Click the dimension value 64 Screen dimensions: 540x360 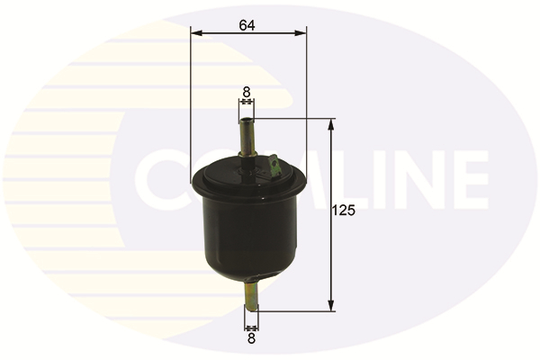247,25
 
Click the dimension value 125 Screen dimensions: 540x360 343,210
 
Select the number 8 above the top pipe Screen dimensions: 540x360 247,92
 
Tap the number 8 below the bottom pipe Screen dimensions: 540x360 251,338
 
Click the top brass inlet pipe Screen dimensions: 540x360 247,137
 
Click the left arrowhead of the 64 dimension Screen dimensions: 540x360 195,32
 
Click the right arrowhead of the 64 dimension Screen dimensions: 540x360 301,32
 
